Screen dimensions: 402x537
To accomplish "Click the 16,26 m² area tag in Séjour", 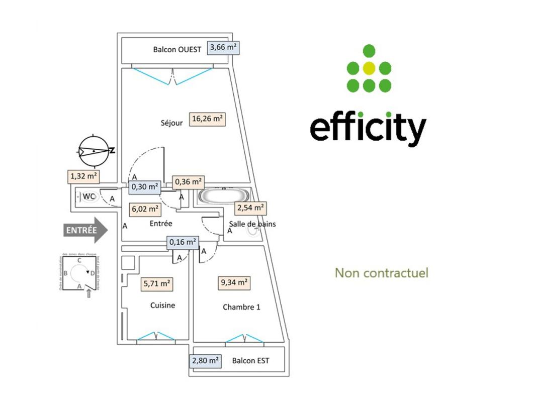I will tap(207, 119).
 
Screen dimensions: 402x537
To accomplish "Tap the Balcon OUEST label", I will tap(177, 49).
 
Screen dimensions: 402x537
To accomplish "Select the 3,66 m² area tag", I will tap(224, 48).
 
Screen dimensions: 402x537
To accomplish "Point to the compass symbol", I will tap(94, 151).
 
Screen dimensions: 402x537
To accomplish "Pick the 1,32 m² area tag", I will tap(83, 176).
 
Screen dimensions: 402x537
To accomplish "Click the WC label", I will tap(89, 196).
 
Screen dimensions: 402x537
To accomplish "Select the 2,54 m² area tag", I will tap(250, 208).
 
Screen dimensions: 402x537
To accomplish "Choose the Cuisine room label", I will tap(162, 305).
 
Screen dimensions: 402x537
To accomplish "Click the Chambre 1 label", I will tap(241, 307).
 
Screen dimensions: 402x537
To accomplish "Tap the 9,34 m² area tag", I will tap(233, 283).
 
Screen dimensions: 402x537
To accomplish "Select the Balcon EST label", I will tap(250, 361).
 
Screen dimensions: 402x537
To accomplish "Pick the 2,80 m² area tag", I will tap(205, 361).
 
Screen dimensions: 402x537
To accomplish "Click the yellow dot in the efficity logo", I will tap(369, 68).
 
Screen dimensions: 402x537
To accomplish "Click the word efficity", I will tap(368, 128).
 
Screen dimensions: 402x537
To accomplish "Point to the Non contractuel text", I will tap(382, 273).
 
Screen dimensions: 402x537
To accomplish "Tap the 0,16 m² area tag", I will tap(183, 242).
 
